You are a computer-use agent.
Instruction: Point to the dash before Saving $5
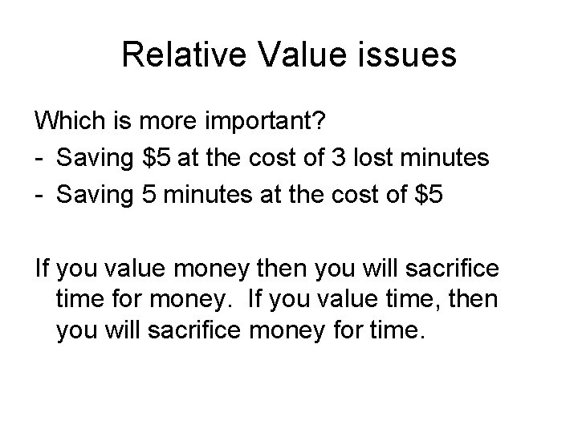pos(39,157)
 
